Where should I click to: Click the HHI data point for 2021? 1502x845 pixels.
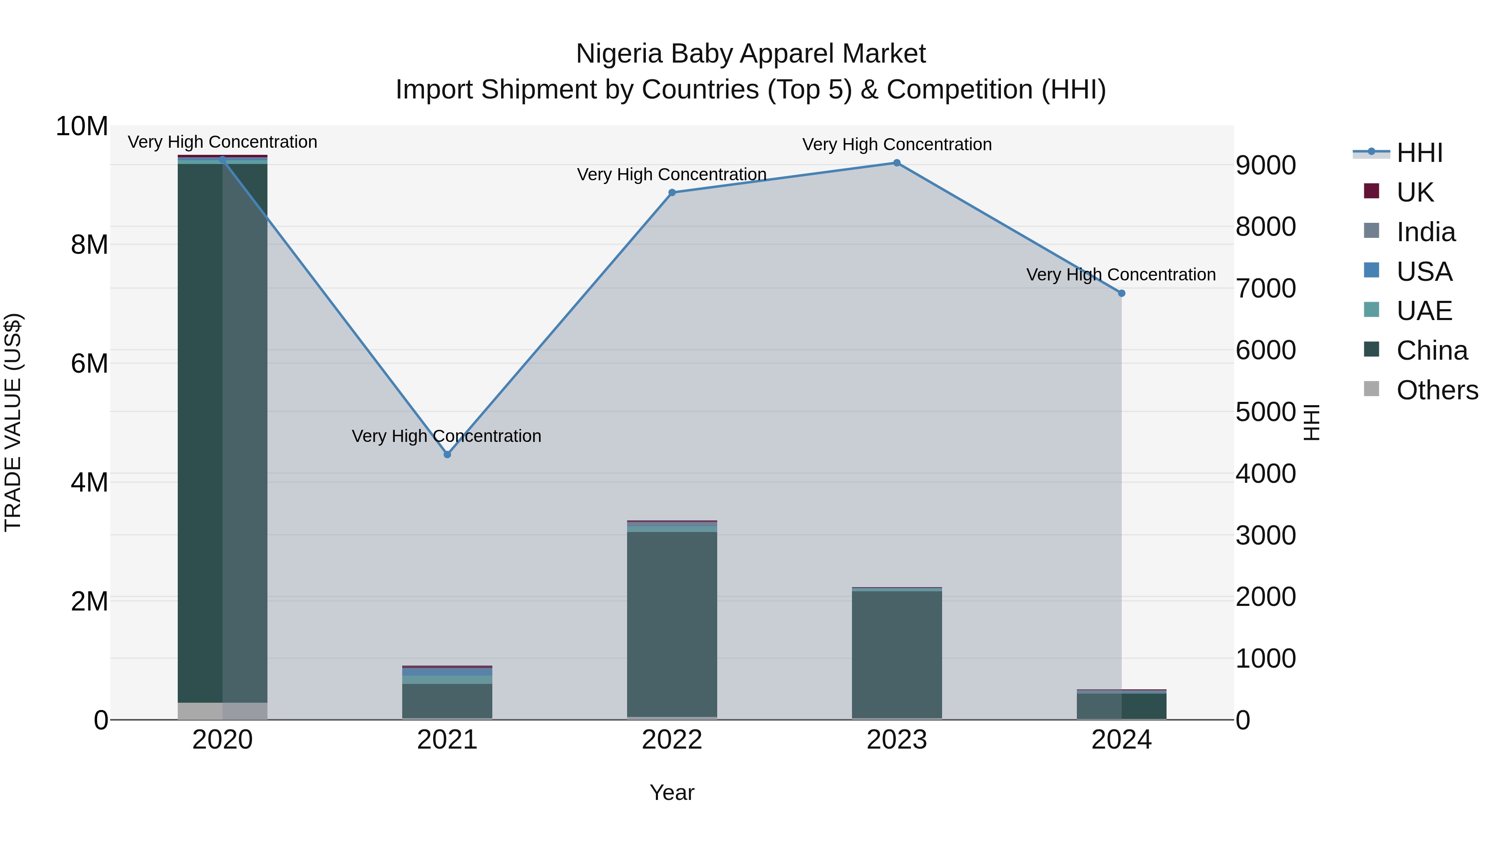(x=447, y=454)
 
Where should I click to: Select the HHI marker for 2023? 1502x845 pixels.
(x=897, y=163)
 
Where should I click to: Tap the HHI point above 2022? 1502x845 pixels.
(x=672, y=192)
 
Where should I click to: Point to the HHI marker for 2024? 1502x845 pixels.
(x=1121, y=293)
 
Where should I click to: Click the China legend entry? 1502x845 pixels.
(x=1431, y=351)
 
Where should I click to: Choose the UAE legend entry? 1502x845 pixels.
(x=1424, y=311)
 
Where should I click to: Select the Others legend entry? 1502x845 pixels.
(x=1436, y=390)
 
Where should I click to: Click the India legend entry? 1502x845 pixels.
(x=1426, y=232)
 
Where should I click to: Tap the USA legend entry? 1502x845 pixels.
(x=1424, y=272)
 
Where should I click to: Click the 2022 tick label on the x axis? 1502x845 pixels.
(x=672, y=740)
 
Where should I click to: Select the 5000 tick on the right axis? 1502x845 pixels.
(x=1265, y=412)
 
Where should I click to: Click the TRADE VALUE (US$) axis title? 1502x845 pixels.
(x=13, y=422)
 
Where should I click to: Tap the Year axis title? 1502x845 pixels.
(x=672, y=792)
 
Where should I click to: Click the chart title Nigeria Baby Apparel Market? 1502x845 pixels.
(x=751, y=54)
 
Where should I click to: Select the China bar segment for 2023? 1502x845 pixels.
(x=897, y=653)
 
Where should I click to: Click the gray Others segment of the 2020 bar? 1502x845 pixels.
(x=222, y=711)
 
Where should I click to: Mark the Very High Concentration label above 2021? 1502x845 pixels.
(x=446, y=436)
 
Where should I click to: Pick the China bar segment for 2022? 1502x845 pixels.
(x=672, y=624)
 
